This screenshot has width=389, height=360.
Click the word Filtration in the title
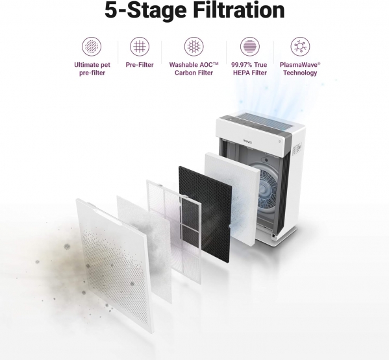238,10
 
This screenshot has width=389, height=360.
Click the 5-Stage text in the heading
145,10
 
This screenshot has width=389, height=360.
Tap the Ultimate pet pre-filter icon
92,46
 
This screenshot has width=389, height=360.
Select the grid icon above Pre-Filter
140,46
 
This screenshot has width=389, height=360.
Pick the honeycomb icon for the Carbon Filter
194,46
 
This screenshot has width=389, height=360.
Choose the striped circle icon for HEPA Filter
250,46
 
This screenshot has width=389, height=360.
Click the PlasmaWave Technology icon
300,46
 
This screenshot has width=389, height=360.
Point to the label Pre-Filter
140,65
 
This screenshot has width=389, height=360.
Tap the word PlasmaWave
299,65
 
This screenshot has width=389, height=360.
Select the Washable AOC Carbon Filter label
194,69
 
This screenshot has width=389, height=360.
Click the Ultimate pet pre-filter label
92,69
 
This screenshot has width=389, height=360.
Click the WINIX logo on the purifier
248,141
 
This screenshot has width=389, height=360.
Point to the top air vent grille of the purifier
266,121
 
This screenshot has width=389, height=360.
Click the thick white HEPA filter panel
232,198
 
